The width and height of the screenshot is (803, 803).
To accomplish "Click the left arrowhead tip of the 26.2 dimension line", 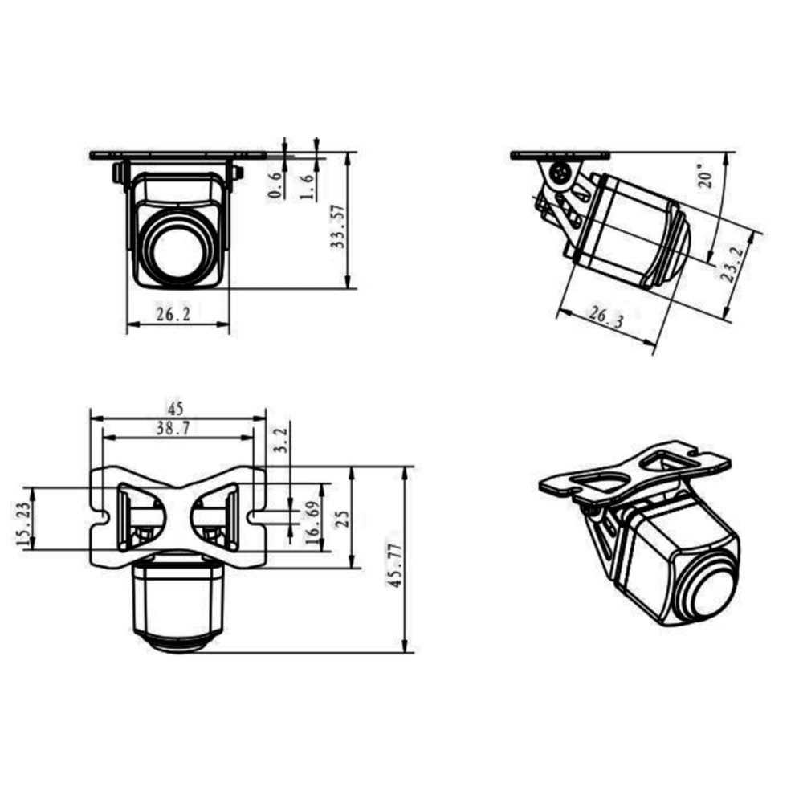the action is coord(128,324).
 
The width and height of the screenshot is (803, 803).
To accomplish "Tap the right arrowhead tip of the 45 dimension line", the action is coord(267,418).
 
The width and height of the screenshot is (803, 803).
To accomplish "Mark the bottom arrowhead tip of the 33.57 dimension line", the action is coord(349,288).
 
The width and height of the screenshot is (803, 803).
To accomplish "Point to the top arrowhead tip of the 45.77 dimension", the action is coord(405,467).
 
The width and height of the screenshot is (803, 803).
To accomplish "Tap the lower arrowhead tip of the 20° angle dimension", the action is coord(709,263).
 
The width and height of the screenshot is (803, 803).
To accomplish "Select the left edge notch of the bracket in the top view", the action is coord(100,516).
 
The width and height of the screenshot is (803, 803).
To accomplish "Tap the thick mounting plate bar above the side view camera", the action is coord(560,155).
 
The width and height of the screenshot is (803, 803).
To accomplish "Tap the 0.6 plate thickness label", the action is coord(275,185).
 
